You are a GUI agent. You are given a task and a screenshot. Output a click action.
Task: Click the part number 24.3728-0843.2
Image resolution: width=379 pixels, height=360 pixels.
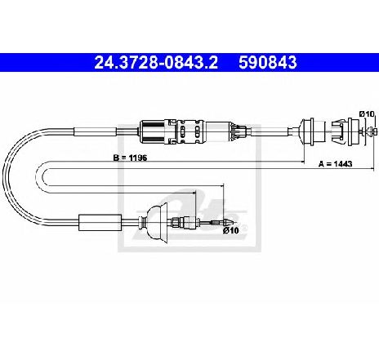pos(156,63)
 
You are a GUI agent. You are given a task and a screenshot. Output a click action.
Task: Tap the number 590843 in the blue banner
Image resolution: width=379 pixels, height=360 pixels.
pos(268,63)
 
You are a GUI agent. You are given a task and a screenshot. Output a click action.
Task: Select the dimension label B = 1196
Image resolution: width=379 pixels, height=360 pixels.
pos(130,158)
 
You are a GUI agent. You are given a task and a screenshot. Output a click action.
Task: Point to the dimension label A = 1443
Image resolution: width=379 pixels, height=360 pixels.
pos(336,164)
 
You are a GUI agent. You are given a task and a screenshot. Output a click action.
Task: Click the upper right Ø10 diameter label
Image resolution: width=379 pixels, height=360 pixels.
pos(367,113)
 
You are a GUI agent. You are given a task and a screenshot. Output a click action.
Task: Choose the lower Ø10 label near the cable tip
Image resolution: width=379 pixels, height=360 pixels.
pos(231,230)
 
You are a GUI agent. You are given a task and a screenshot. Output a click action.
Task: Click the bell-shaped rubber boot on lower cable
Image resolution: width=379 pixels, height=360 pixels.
pos(157,223)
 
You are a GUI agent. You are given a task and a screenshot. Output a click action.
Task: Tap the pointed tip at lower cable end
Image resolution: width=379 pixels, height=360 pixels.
pos(227,223)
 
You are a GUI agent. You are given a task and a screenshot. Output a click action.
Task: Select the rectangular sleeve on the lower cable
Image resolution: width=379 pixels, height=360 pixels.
pos(100,223)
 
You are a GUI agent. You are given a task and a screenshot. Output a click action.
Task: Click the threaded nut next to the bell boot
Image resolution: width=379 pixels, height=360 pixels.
pos(176,223)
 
